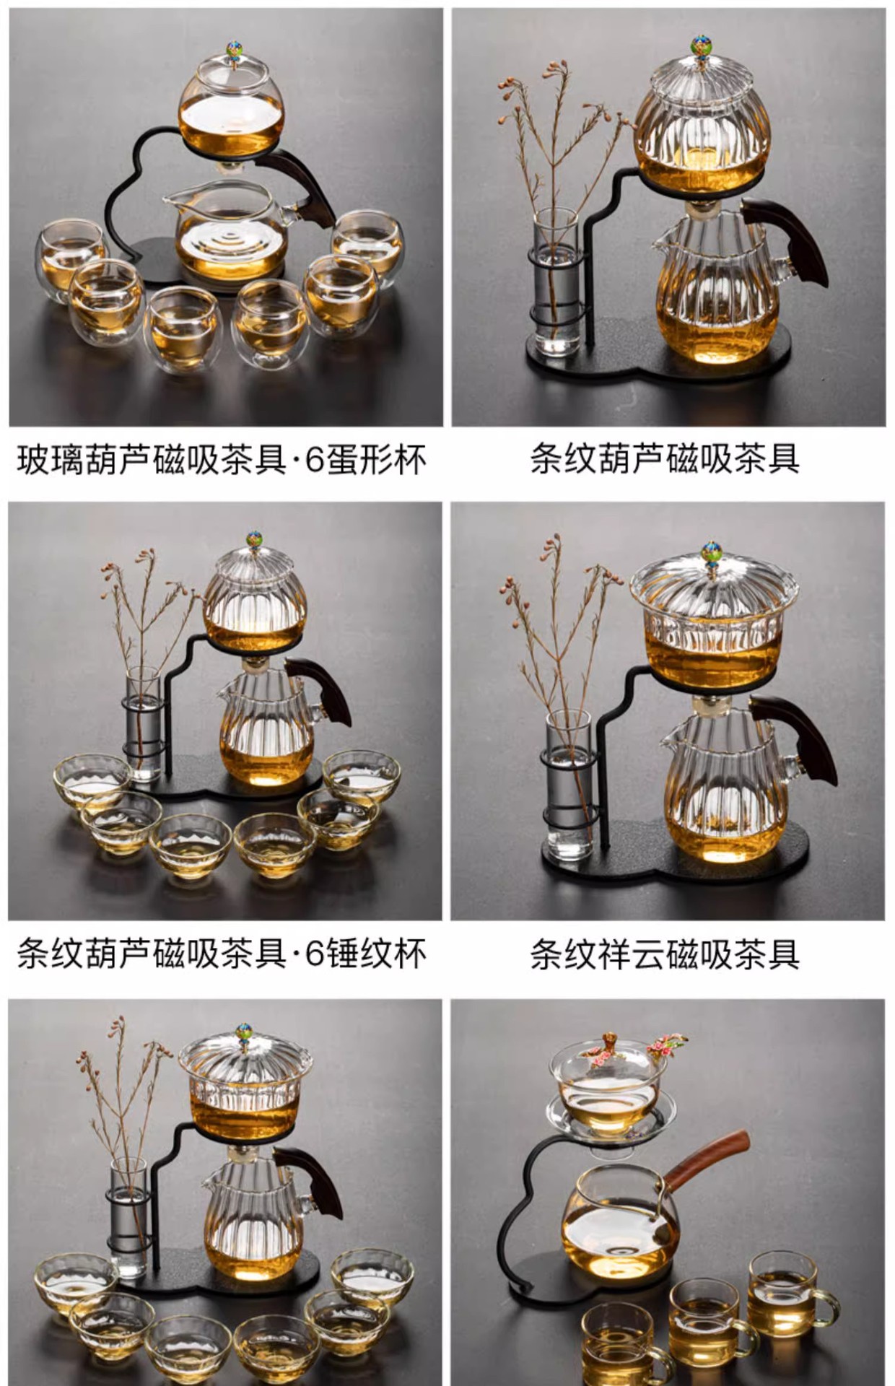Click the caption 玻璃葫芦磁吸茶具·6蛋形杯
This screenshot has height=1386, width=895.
pos(222,460)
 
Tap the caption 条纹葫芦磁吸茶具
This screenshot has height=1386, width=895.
pos(665,459)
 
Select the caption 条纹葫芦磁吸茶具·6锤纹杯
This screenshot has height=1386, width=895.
pos(222,954)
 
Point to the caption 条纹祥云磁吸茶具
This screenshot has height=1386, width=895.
pos(665,954)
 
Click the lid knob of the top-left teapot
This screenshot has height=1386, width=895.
pos(233,49)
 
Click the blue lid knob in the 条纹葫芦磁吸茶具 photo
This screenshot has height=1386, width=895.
pos(698,46)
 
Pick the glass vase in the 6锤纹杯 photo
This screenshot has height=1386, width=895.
pos(144,725)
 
